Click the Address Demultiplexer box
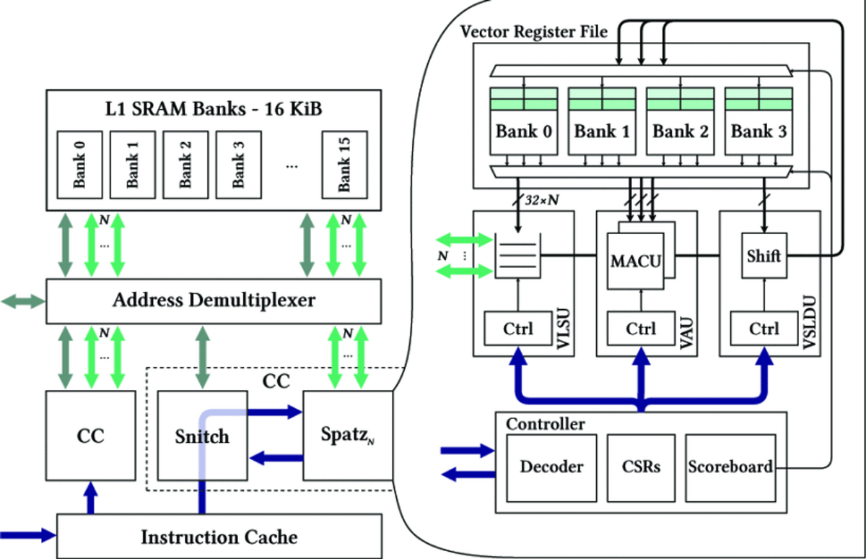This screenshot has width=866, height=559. click(214, 300)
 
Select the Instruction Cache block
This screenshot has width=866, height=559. click(219, 537)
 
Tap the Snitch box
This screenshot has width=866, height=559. click(202, 436)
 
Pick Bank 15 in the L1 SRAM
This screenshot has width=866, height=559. click(344, 165)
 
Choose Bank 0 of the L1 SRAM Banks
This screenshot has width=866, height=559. click(79, 165)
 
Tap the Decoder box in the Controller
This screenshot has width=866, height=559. click(552, 467)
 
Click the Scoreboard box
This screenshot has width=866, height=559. click(728, 467)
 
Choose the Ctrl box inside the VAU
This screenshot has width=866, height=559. click(640, 329)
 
